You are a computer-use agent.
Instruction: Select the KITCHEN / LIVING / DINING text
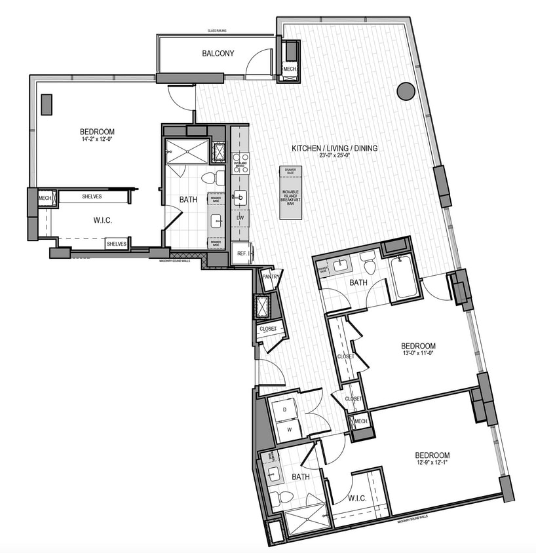[x=335, y=149]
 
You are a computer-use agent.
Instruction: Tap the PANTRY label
[x=271, y=276]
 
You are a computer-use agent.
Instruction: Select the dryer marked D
[x=285, y=409]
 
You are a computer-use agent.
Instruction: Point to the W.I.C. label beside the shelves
[x=103, y=221]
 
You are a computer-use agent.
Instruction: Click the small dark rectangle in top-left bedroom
[x=47, y=104]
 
